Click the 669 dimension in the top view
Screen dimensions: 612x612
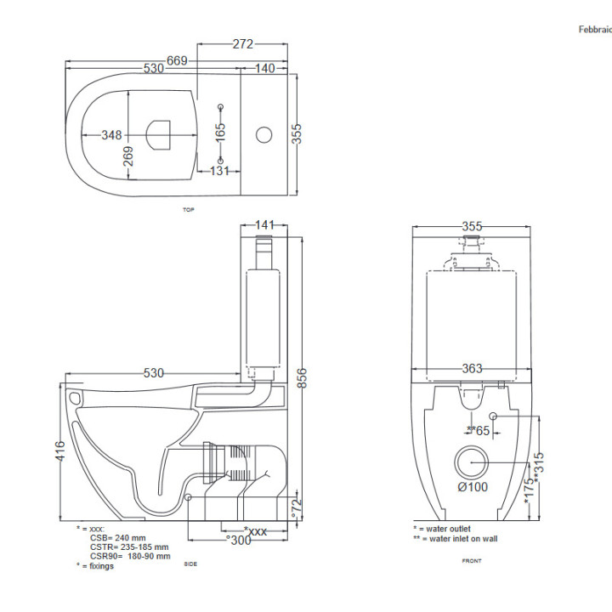point(177,59)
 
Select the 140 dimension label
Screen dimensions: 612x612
point(264,68)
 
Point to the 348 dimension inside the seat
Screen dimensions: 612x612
point(111,135)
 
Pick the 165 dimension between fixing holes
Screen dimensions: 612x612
point(220,132)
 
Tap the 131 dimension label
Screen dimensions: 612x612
point(220,170)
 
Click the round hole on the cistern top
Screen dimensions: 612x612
point(264,134)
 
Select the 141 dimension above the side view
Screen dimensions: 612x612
point(265,225)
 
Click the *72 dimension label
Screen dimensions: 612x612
point(297,508)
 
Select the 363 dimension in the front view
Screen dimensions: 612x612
point(472,368)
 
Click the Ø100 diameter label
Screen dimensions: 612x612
point(472,487)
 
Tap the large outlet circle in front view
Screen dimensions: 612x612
point(472,462)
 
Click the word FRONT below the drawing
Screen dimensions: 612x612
point(471,561)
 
